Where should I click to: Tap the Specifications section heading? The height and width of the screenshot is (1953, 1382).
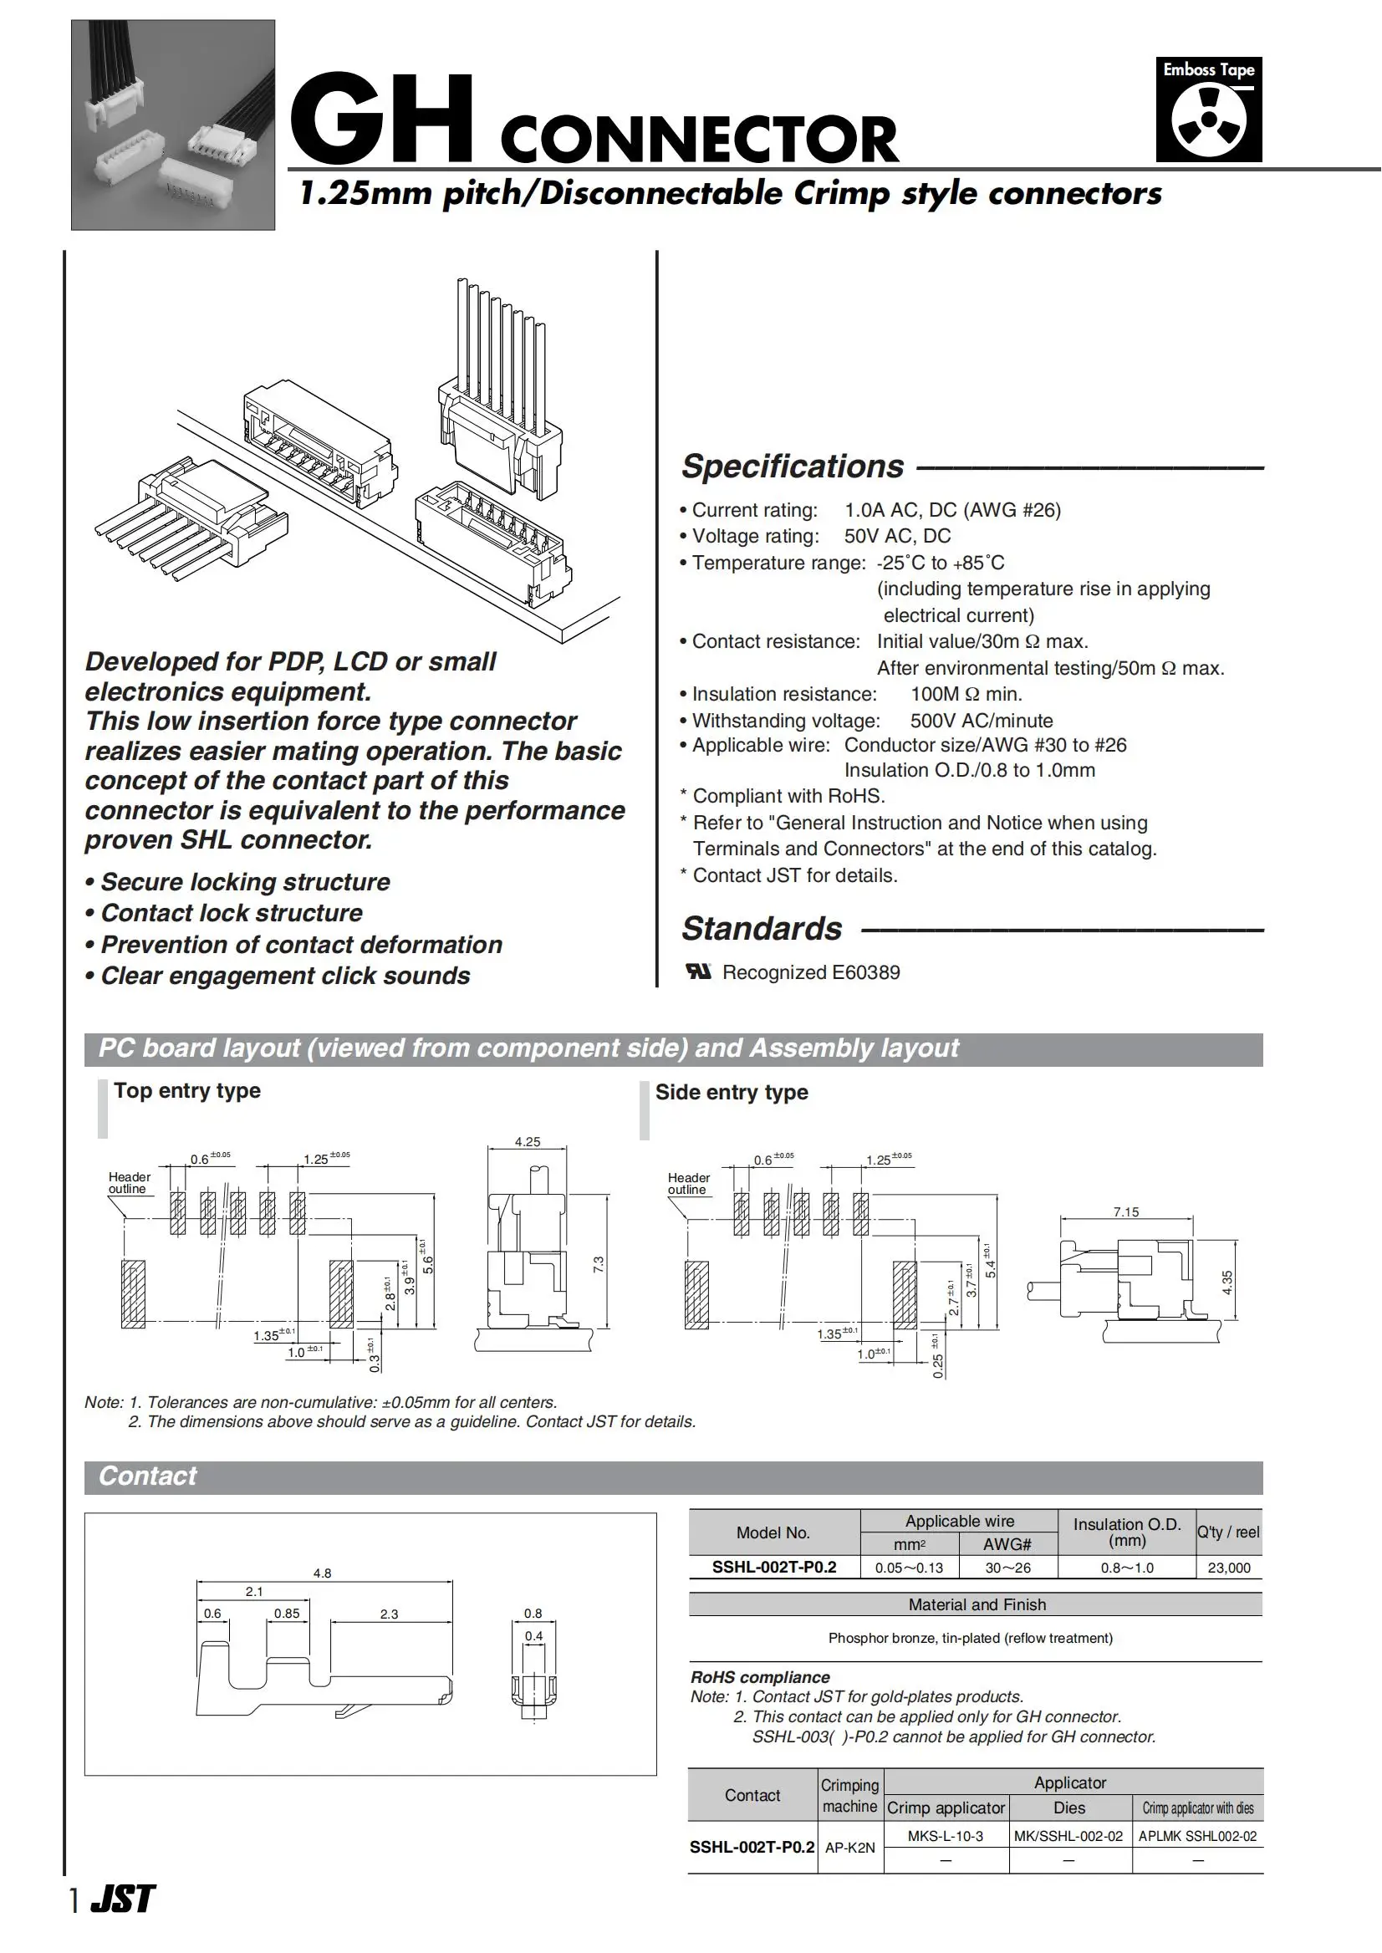pos(793,467)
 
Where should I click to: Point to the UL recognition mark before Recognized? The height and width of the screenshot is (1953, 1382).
pos(699,971)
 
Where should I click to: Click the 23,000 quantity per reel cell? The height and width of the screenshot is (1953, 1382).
pos(1229,1568)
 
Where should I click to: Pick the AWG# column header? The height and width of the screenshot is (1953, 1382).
pos(1007,1543)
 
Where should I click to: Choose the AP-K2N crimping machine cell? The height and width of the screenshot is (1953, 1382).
pos(849,1848)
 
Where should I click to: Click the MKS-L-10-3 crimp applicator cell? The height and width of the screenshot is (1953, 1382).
pos(945,1836)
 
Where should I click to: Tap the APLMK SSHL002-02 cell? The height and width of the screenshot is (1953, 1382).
pos(1197,1836)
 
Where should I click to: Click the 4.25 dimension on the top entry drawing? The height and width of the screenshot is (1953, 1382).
pos(527,1142)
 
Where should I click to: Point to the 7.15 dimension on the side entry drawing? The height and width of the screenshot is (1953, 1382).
pos(1125,1211)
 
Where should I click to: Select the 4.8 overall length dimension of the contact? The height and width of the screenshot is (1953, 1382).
pos(322,1573)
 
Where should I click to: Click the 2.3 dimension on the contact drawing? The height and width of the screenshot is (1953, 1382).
pos(389,1614)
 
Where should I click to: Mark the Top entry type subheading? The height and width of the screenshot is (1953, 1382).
pos(187,1090)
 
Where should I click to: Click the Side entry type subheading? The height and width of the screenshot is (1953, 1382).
pos(731,1092)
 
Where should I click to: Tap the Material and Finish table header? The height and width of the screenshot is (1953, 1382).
pos(977,1604)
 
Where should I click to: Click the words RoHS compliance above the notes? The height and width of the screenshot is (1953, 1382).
pos(760,1676)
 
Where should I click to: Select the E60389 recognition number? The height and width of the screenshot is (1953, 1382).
pos(865,971)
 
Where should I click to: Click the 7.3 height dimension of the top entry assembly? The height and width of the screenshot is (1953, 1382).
pos(599,1265)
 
